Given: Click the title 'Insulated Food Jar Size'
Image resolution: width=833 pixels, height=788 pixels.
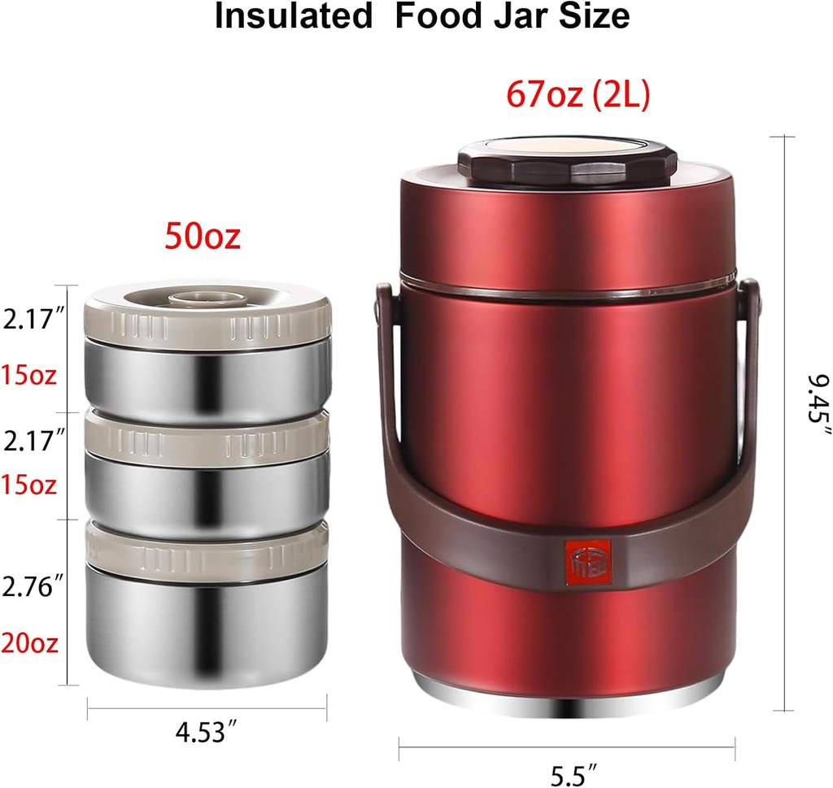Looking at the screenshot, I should pos(421,17).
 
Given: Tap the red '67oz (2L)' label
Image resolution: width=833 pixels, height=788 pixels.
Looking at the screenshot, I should pos(578,95).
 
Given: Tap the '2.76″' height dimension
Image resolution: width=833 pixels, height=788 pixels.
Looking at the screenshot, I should pos(33,586).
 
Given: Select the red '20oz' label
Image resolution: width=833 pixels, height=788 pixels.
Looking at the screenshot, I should pos(29,643).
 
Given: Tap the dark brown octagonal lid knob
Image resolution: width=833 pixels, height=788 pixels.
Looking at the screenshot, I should pos(567,162).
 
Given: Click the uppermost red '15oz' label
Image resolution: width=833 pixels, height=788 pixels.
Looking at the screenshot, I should pos(29,376).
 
